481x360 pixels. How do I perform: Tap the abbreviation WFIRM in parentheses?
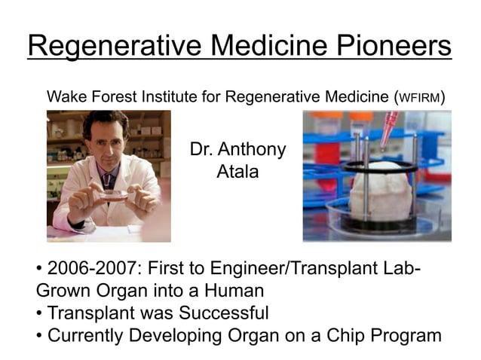421,97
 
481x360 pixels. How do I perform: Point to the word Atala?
237,172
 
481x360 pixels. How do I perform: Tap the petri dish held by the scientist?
113,195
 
